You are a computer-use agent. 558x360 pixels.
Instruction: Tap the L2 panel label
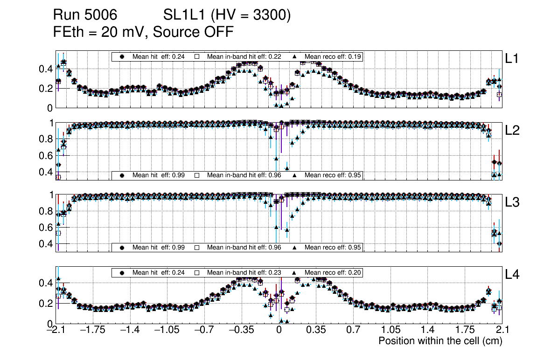513,131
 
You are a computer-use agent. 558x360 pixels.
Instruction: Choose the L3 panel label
513,202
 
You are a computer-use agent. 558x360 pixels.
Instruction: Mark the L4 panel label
513,275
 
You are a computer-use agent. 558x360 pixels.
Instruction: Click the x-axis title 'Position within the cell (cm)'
440,341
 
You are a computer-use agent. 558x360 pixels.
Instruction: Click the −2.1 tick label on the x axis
56,330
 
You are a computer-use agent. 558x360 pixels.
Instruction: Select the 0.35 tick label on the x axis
316,330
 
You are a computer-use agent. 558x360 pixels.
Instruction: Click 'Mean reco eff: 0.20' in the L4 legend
333,272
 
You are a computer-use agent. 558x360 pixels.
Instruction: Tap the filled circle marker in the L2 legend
122,175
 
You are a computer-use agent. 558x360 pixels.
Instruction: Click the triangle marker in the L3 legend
295,247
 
